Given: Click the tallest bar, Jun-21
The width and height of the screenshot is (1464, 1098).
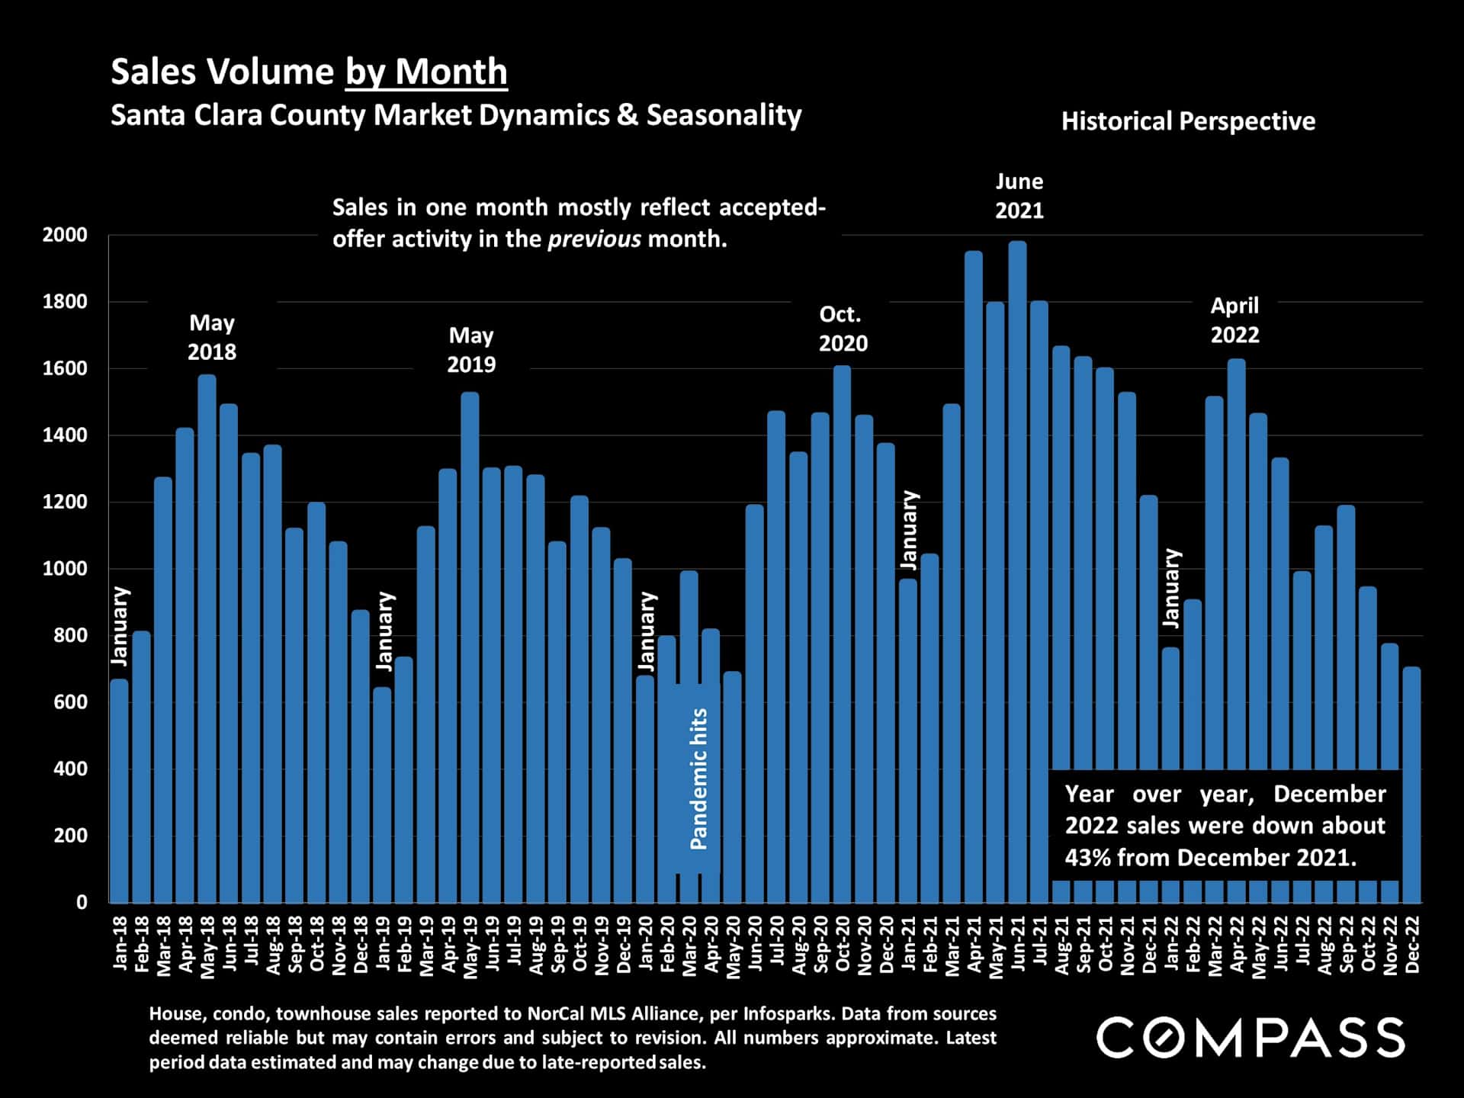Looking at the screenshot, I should tap(1017, 572).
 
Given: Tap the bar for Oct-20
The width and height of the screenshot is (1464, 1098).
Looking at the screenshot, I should tap(842, 634).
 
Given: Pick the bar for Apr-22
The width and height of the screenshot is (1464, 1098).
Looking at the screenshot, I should tap(1236, 564).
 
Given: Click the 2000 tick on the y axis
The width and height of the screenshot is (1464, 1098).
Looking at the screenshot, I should tap(65, 235).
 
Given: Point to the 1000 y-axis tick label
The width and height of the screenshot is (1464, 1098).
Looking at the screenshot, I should tap(65, 569).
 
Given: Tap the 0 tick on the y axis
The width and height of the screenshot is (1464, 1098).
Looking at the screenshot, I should tap(82, 902).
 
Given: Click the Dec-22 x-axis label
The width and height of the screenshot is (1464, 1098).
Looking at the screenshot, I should tap(1412, 944).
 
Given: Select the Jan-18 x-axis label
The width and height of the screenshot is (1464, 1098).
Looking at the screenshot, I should tap(120, 944).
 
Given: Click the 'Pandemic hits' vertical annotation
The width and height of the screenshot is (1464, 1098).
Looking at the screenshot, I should tap(698, 779).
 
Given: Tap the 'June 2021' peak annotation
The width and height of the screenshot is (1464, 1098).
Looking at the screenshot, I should tap(1019, 196).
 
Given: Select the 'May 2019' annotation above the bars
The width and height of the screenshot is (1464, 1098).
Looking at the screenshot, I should tap(471, 350).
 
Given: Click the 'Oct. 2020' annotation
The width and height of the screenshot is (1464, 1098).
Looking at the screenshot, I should tap(843, 329).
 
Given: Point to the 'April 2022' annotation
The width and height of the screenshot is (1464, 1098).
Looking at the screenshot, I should tap(1234, 320).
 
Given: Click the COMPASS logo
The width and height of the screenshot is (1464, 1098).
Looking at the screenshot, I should tap(1250, 1038).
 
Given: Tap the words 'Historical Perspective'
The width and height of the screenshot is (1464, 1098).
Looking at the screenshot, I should tap(1188, 121).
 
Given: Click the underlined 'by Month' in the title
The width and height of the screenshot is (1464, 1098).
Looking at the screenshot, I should tap(426, 72).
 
